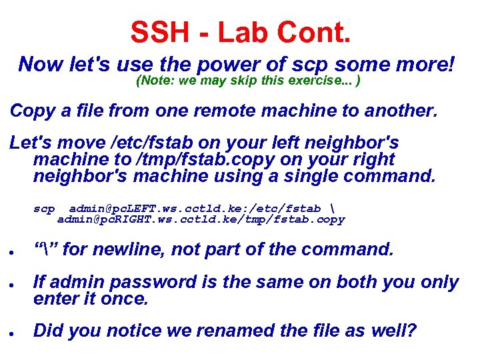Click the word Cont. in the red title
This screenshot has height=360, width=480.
[313, 31]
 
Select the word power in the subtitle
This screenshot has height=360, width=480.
[223, 65]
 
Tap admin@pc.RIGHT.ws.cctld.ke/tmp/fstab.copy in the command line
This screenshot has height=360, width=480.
[201, 219]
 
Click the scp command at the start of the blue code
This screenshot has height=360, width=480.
[44, 209]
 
